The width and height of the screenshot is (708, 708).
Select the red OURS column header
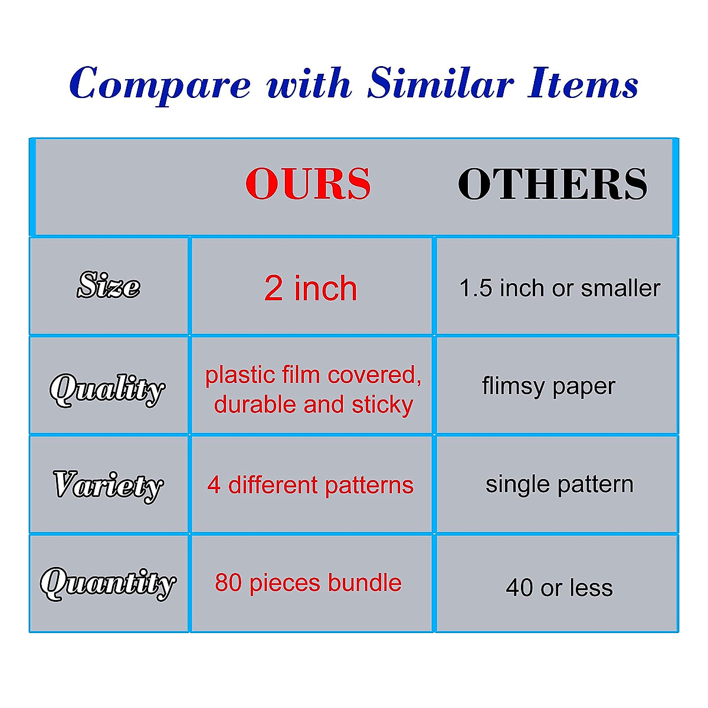click(308, 183)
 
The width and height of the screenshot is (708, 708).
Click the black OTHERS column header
click(552, 183)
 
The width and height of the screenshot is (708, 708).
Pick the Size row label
click(109, 285)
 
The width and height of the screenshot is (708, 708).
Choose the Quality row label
click(107, 390)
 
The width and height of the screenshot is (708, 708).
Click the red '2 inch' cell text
click(310, 289)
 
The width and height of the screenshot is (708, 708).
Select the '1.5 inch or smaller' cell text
click(559, 288)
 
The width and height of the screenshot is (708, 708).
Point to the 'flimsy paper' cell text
click(549, 387)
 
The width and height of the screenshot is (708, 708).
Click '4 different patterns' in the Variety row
click(310, 485)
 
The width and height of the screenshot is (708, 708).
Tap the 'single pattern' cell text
click(559, 485)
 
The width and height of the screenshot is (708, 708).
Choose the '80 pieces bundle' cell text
click(308, 583)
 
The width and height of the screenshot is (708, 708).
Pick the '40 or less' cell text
click(559, 588)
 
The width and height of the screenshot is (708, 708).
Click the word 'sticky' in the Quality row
click(382, 405)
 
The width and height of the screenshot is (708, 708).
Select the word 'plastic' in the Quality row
click(240, 375)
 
